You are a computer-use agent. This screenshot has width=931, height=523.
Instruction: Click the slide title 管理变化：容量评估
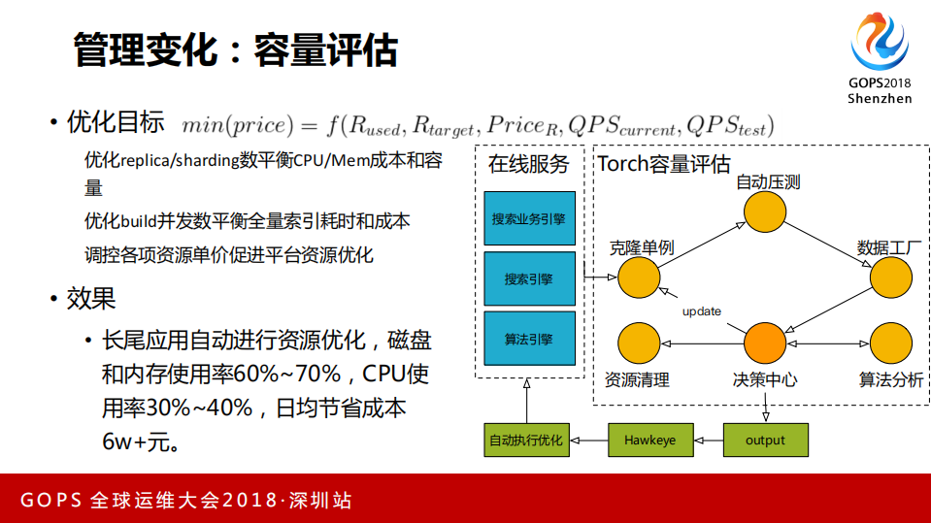pyautogui.click(x=236, y=49)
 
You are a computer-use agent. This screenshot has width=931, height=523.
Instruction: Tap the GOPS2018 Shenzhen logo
pyautogui.click(x=880, y=59)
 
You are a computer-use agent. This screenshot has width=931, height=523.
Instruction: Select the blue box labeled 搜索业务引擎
pyautogui.click(x=528, y=219)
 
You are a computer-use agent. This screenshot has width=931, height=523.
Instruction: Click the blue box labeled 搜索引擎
pyautogui.click(x=528, y=279)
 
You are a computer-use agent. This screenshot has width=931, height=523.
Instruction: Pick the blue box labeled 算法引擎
pyautogui.click(x=528, y=339)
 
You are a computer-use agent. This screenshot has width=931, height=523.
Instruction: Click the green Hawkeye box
pyautogui.click(x=649, y=441)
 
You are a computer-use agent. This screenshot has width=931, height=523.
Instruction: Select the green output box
pyautogui.click(x=765, y=441)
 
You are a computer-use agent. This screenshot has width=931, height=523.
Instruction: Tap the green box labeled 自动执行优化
pyautogui.click(x=525, y=441)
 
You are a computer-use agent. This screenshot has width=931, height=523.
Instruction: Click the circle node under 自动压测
pyautogui.click(x=765, y=212)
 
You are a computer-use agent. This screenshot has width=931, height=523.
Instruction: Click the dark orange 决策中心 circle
pyautogui.click(x=765, y=343)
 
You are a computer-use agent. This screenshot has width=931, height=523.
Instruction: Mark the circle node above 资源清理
pyautogui.click(x=639, y=343)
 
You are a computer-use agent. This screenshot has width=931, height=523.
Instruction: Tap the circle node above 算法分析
pyautogui.click(x=890, y=343)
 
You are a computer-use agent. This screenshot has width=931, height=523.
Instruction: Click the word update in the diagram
pyautogui.click(x=701, y=311)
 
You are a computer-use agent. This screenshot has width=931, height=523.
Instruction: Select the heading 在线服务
pyautogui.click(x=528, y=164)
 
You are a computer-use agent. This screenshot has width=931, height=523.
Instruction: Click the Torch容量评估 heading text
pyautogui.click(x=664, y=164)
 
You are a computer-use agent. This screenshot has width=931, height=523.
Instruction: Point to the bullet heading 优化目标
pyautogui.click(x=115, y=123)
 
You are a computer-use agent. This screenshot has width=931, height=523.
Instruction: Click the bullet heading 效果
pyautogui.click(x=91, y=298)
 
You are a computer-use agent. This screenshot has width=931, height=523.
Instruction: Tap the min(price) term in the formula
pyautogui.click(x=237, y=125)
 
